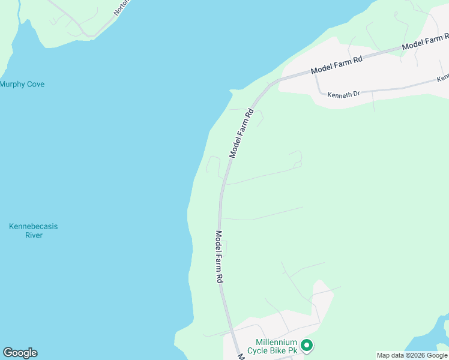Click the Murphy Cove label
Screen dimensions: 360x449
(22, 84)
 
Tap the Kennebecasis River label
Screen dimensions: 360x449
(34, 231)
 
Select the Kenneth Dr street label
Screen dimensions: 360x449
(343, 94)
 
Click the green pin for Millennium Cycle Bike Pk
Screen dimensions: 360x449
(307, 345)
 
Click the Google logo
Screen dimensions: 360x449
(20, 353)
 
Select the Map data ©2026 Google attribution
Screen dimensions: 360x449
(412, 356)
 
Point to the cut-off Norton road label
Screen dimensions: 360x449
(121, 8)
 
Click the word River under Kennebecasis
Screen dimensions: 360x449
(34, 235)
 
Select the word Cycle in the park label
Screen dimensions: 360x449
(267, 350)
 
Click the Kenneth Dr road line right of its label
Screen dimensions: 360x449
(396, 88)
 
